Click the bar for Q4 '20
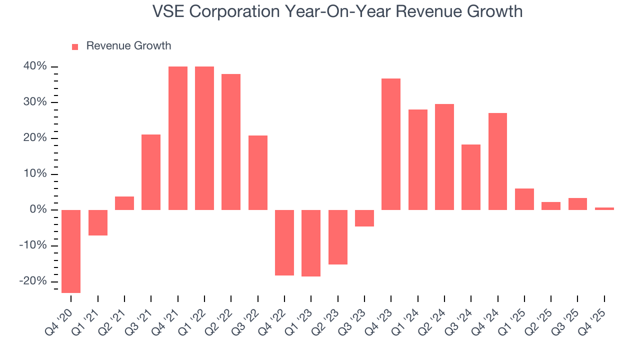point(71,251)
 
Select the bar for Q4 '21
point(178,138)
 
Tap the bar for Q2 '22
point(231,142)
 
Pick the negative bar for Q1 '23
point(311,243)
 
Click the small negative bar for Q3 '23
point(364,218)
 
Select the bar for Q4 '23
point(391,144)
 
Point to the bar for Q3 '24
point(471,177)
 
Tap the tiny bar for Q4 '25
point(604,208)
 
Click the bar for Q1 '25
point(524,199)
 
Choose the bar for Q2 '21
point(124,203)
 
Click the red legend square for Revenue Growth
point(75,46)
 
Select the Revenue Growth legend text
point(128,46)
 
